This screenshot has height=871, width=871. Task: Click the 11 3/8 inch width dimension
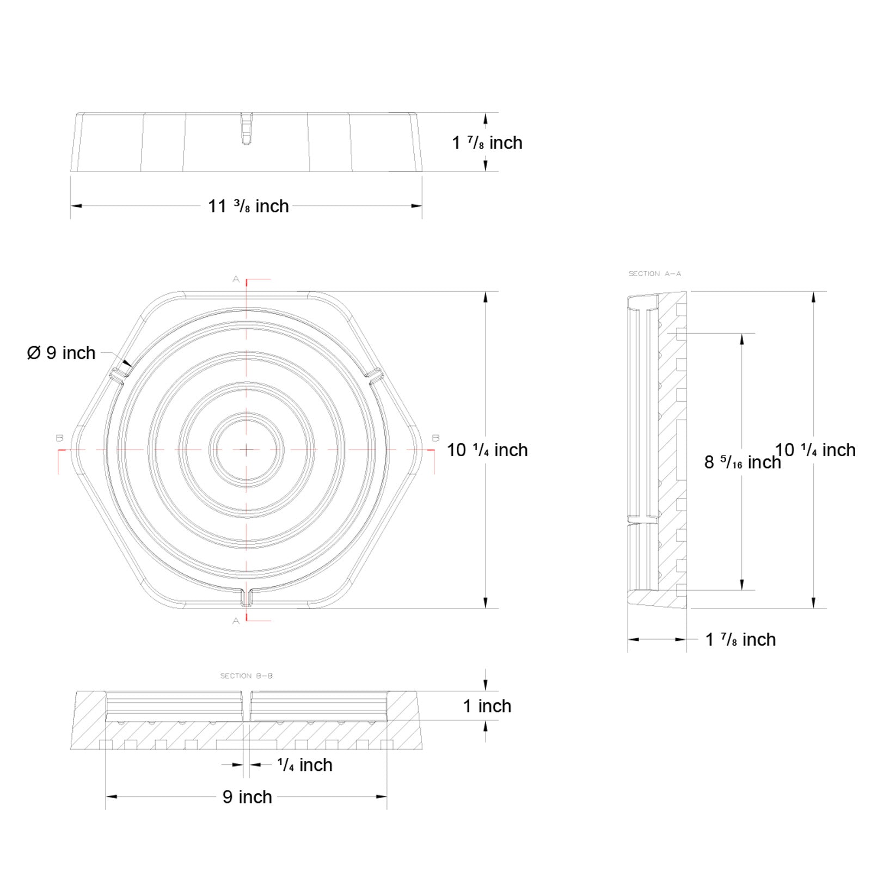pyautogui.click(x=248, y=206)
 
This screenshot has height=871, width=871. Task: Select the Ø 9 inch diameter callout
pyautogui.click(x=61, y=353)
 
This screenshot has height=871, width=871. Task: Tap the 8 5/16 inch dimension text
pyautogui.click(x=742, y=462)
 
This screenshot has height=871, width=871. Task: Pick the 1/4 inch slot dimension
pyautogui.click(x=304, y=765)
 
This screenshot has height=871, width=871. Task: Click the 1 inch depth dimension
pyautogui.click(x=487, y=706)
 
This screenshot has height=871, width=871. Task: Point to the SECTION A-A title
pyautogui.click(x=654, y=273)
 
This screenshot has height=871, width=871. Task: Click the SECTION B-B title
pyautogui.click(x=246, y=676)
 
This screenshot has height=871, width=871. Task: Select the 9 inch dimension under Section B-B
pyautogui.click(x=247, y=797)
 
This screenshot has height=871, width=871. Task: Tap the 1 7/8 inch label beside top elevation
pyautogui.click(x=487, y=143)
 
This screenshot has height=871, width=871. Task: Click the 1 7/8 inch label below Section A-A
pyautogui.click(x=740, y=640)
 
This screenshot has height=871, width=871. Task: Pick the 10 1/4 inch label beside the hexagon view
pyautogui.click(x=487, y=450)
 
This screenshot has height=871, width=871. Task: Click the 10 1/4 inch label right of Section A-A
pyautogui.click(x=815, y=450)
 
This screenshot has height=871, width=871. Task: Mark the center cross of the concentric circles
pyautogui.click(x=247, y=450)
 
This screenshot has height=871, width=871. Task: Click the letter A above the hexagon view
pyautogui.click(x=236, y=279)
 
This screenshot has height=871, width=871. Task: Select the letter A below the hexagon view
pyautogui.click(x=236, y=621)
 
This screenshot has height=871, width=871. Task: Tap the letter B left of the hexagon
pyautogui.click(x=59, y=438)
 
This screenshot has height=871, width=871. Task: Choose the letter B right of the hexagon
pyautogui.click(x=435, y=438)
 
